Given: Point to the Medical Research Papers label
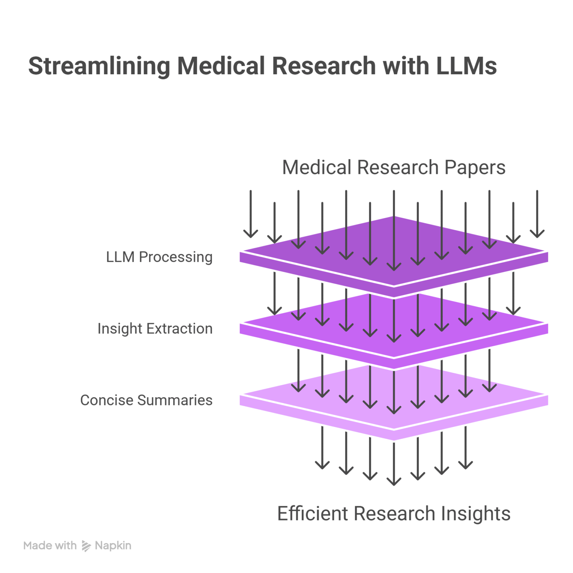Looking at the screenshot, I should (x=394, y=167).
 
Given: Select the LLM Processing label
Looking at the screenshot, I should (x=159, y=257).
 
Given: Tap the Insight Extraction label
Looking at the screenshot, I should (x=155, y=329).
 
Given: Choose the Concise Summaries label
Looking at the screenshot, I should (x=146, y=400).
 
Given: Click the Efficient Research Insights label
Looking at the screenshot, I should (x=394, y=513).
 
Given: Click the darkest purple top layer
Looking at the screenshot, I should (x=429, y=239).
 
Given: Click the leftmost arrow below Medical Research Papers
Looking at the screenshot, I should (x=251, y=215).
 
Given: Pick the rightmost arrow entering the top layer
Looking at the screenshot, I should (x=537, y=215).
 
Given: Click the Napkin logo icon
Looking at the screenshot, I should (x=86, y=546).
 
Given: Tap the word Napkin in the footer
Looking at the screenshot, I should (x=113, y=546).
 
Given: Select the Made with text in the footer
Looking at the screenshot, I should (x=50, y=546).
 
